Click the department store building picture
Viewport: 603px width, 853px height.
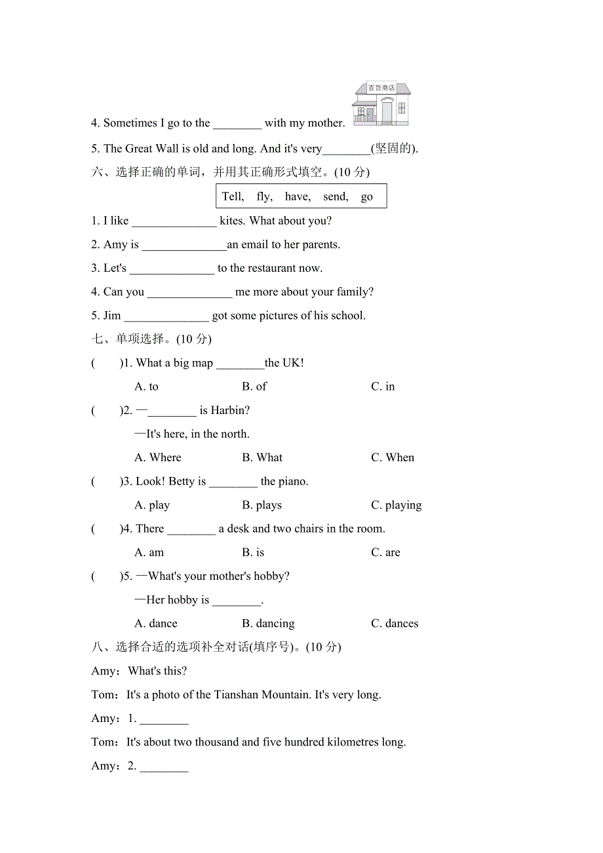(381, 104)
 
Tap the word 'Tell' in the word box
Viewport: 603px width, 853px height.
(233, 197)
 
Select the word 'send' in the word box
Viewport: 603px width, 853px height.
(336, 197)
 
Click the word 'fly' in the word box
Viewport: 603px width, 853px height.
(264, 197)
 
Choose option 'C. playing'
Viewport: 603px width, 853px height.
(396, 505)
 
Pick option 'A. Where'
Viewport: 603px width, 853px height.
(157, 457)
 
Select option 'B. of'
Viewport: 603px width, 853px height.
(254, 387)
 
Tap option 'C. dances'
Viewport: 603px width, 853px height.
(394, 624)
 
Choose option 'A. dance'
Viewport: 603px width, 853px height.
(155, 624)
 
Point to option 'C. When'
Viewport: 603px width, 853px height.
(392, 457)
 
